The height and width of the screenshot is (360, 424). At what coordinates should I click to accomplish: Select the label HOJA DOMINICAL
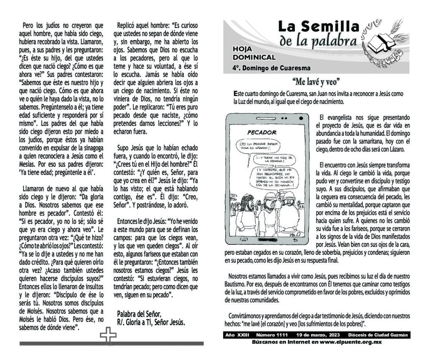[x=254, y=53]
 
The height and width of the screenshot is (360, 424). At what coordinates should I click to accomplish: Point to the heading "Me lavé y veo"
[x=317, y=81]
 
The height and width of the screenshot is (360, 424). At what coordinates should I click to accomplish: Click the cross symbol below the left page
[x=108, y=336]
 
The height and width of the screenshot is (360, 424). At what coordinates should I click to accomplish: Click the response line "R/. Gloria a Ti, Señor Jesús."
[x=151, y=322]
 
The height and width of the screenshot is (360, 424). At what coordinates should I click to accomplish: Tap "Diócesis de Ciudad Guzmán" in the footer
[x=378, y=335]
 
